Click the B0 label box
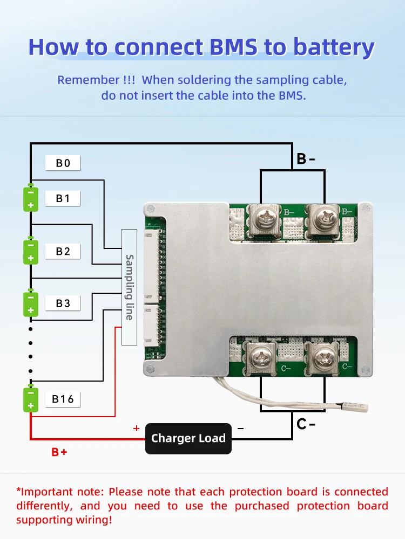click(x=63, y=163)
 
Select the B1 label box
click(x=63, y=198)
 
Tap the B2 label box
click(x=63, y=251)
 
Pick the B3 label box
click(x=63, y=303)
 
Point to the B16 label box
click(x=63, y=399)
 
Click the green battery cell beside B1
click(x=31, y=198)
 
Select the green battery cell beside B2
click(x=31, y=251)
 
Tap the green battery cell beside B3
click(x=31, y=303)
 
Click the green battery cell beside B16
click(x=31, y=399)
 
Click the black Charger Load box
click(x=188, y=438)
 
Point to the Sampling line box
click(x=129, y=287)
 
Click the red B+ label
click(x=59, y=452)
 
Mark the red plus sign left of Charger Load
click(x=136, y=429)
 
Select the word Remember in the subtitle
click(x=89, y=80)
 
